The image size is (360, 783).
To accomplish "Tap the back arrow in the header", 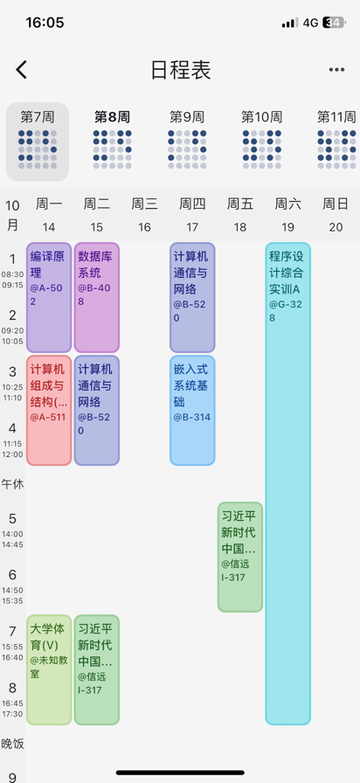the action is pos(21,70).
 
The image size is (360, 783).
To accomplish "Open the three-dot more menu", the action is pos(336,70).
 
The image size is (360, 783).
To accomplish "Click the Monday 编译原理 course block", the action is pos(49,298).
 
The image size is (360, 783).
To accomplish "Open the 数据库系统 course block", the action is pos(97,298).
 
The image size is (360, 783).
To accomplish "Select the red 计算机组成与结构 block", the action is pos(49,410).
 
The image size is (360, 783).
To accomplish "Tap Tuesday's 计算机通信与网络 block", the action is pos(97,410).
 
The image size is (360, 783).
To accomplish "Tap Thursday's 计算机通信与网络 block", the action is pos(192,298).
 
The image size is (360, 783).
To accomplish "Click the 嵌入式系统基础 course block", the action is pos(192,410).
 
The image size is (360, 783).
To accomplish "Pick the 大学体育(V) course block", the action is pos(49,669).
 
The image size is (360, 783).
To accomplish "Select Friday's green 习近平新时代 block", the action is pos(240,557).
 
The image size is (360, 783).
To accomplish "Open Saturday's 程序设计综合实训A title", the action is pos(286,273).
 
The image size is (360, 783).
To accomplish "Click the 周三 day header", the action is pos(144,204).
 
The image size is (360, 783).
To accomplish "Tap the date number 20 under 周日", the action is pos(336,227).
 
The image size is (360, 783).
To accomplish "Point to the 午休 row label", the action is pos(12,484).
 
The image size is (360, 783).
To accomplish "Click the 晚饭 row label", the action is pos(12,744).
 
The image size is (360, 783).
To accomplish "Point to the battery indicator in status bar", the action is pos(334,23).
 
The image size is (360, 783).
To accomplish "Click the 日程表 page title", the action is pos(181,70).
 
